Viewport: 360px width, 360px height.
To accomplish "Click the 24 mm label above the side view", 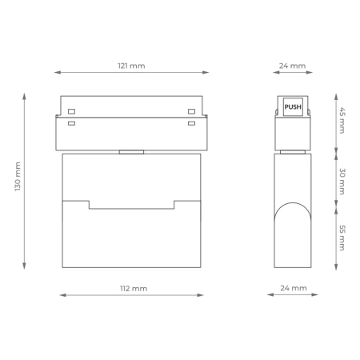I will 294,65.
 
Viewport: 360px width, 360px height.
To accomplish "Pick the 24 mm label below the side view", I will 294,287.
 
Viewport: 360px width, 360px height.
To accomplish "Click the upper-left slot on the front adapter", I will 72,111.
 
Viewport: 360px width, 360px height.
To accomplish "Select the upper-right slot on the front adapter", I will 191,111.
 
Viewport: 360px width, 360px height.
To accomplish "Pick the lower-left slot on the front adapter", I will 72,123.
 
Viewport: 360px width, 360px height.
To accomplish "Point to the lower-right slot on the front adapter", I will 191,123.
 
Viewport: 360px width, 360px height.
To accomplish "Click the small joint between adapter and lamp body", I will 131,150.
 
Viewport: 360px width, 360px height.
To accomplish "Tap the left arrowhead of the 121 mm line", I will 57,73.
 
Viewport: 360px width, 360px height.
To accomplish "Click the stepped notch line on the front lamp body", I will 131,207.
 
